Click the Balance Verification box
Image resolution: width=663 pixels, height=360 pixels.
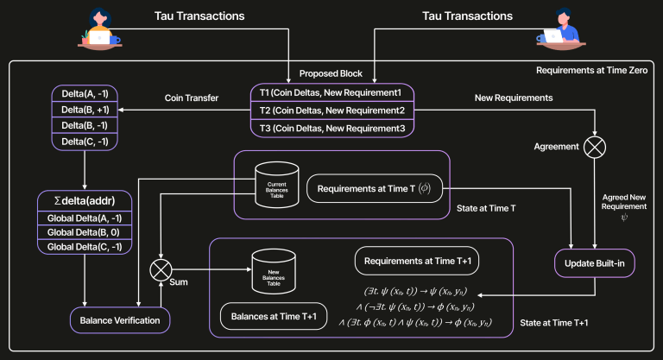(x=121, y=320)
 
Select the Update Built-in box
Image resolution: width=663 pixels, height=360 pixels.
(x=595, y=262)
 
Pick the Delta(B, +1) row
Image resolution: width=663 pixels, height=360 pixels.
(x=84, y=110)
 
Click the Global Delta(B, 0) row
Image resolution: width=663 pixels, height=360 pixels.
(x=84, y=231)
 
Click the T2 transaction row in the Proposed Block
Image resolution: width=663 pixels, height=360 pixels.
(x=331, y=110)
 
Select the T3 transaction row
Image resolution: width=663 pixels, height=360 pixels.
(x=331, y=127)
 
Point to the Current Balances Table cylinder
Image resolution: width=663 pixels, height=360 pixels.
(x=278, y=184)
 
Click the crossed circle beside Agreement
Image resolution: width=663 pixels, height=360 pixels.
(x=594, y=146)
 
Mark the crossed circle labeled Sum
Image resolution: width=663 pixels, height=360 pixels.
(x=161, y=270)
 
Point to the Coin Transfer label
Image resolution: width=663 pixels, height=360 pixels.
(x=192, y=98)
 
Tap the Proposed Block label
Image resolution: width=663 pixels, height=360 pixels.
(x=331, y=73)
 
